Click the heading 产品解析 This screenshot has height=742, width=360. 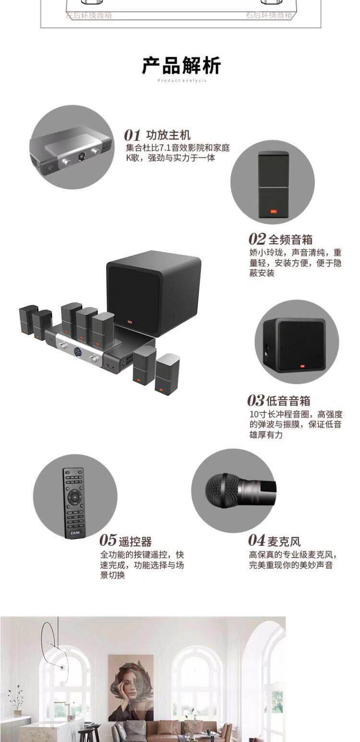click(181, 66)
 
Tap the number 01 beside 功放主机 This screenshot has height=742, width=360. click(132, 135)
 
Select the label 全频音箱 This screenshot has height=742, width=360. click(290, 239)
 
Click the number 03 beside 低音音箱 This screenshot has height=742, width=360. click(256, 400)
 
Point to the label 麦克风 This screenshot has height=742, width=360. click(284, 541)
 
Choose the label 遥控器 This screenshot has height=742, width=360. click(135, 541)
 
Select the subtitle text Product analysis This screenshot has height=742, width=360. click(182, 81)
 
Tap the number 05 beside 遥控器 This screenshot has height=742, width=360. click(108, 540)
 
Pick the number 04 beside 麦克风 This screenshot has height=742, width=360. click(257, 540)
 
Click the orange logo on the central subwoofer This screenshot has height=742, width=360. click(129, 321)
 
